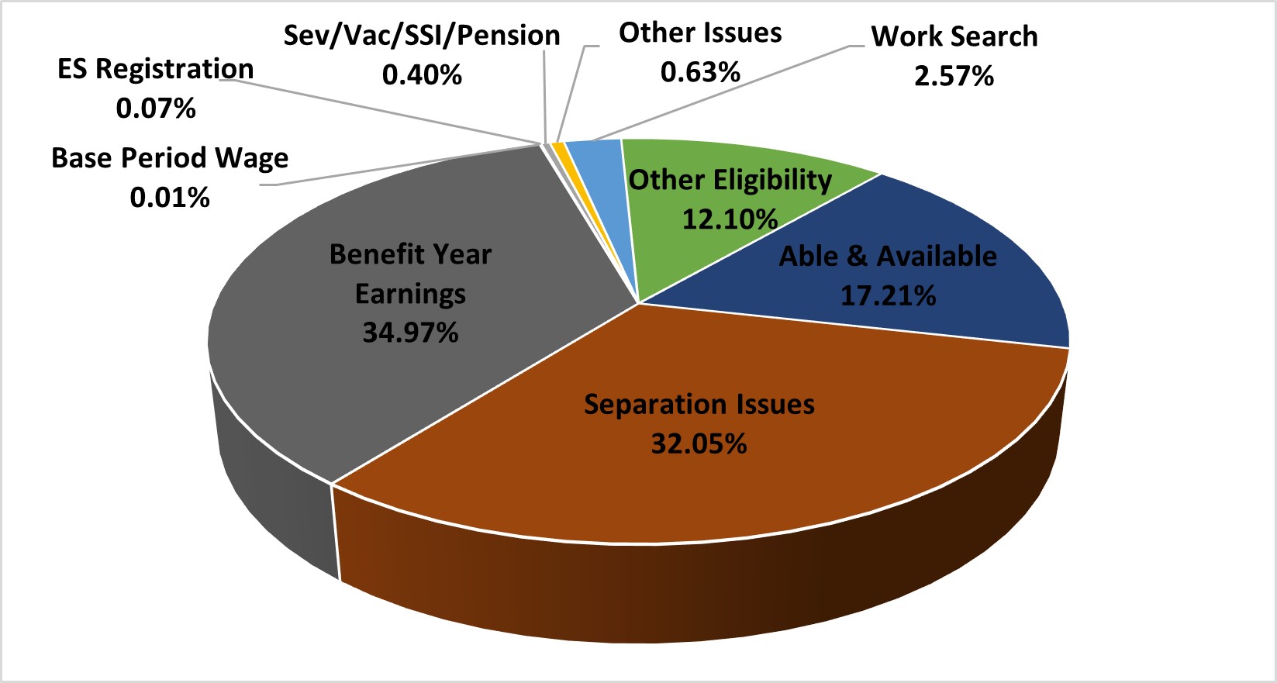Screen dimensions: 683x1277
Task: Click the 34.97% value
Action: click(410, 333)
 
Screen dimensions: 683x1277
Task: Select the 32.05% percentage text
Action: click(699, 444)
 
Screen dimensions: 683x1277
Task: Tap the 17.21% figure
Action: click(888, 296)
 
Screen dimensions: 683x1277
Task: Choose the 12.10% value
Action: click(730, 219)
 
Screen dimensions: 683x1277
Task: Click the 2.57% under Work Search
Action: click(954, 77)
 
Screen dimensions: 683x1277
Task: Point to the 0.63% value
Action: click(700, 73)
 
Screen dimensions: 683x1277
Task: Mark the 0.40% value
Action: click(422, 75)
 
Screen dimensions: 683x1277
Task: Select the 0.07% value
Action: click(156, 109)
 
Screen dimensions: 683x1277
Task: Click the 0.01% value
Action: click(170, 198)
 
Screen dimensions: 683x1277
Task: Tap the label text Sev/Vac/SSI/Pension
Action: click(422, 36)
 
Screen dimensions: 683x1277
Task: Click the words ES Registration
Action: click(156, 69)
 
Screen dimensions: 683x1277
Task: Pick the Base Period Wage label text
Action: click(170, 158)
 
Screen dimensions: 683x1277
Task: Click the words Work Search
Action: click(954, 36)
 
